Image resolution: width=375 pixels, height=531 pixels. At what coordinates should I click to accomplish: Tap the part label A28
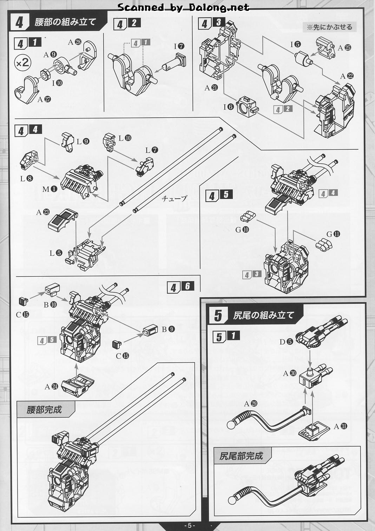coord(74,42)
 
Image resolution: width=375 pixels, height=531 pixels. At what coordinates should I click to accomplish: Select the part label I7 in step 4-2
coord(179,46)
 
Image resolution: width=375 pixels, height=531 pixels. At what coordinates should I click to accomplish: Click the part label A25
coord(344,48)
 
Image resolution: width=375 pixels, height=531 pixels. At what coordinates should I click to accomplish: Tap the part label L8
coord(26,179)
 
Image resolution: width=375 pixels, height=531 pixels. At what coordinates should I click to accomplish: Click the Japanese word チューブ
coord(174,199)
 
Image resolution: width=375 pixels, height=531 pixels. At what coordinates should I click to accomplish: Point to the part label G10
coord(242,230)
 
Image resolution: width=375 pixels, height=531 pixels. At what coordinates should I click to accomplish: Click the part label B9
coord(168,329)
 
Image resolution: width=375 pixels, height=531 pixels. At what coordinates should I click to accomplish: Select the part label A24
coord(51,387)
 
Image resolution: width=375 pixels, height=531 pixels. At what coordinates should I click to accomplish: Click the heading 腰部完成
coord(44,410)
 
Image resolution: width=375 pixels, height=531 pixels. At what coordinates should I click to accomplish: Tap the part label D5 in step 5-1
coord(286,341)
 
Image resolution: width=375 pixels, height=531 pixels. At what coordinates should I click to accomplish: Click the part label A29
coord(251,403)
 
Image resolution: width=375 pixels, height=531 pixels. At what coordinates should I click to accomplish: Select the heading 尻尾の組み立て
coord(263,315)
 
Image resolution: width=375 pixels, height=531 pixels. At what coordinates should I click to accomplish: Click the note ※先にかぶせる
coord(329,27)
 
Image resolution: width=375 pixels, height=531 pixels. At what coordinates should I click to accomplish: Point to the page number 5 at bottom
coord(189,525)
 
